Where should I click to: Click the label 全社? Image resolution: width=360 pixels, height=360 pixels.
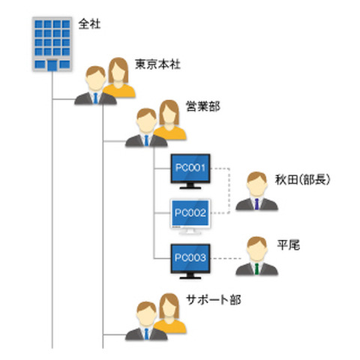click(89, 24)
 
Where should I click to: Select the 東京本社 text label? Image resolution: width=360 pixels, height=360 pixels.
click(156, 63)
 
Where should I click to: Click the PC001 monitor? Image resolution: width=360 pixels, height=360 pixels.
click(193, 169)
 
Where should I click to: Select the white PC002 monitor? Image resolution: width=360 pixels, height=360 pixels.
click(193, 214)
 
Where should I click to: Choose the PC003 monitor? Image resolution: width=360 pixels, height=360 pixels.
click(193, 259)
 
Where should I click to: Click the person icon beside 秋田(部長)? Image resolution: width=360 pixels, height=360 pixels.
click(256, 192)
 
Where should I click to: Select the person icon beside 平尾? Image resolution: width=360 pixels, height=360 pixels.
click(256, 256)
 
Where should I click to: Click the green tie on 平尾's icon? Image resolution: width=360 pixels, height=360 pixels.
click(256, 269)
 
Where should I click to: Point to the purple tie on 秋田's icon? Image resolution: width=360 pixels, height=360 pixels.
click(256, 205)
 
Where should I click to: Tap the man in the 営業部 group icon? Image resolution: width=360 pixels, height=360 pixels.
click(142, 127)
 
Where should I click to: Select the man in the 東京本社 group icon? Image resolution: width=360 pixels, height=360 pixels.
click(94, 85)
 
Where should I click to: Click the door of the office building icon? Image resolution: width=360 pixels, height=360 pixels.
click(52, 65)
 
